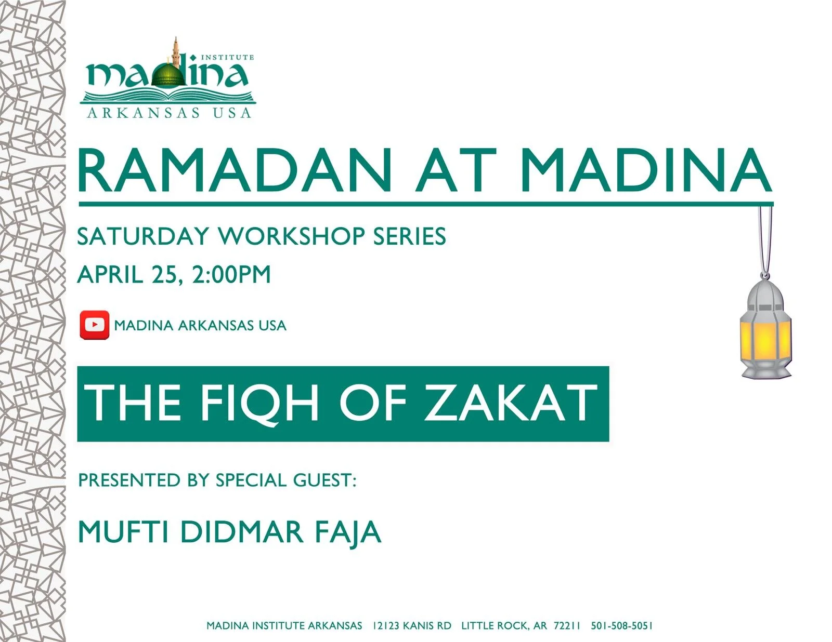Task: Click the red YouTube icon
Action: (94, 325)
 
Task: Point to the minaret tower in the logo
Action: (177, 52)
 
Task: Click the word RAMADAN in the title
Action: (235, 171)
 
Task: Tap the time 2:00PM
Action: (231, 274)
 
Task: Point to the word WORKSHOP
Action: (291, 236)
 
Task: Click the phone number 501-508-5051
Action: (621, 626)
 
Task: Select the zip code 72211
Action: (566, 626)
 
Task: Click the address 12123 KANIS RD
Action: (412, 626)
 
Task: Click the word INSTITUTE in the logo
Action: (227, 57)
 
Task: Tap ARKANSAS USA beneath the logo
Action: (169, 113)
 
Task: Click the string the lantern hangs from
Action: (765, 239)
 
